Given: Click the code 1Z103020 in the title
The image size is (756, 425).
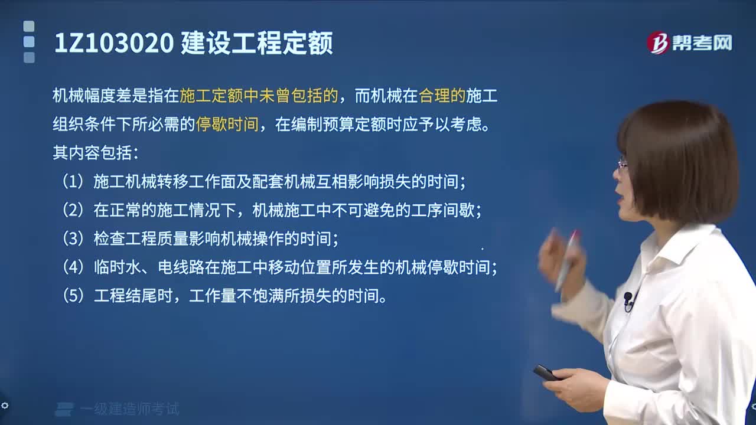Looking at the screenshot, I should click(x=113, y=44).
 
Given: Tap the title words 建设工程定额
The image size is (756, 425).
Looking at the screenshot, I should click(x=256, y=44).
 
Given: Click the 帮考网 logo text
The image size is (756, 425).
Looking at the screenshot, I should click(x=702, y=43).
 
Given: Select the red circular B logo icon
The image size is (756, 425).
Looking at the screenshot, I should click(x=658, y=43).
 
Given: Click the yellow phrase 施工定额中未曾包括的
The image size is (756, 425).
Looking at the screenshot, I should click(x=259, y=96).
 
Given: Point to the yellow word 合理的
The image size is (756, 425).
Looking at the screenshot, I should click(x=442, y=96).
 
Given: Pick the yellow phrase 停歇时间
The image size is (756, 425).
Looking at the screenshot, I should click(x=227, y=125).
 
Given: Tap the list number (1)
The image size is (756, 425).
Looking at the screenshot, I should click(x=74, y=182).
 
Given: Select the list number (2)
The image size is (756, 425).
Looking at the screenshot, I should click(x=74, y=210).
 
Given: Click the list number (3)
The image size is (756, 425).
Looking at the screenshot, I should click(x=74, y=239).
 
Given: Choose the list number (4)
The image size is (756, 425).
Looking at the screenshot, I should click(x=74, y=267).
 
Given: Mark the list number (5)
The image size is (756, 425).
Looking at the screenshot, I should click(x=74, y=296).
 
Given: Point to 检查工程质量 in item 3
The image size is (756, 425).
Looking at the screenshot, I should click(x=141, y=239).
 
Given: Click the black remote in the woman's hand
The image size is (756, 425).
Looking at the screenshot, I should click(x=546, y=373).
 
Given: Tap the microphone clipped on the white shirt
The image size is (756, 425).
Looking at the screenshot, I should click(x=628, y=299).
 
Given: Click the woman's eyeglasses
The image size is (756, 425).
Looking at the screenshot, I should click(x=623, y=164).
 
